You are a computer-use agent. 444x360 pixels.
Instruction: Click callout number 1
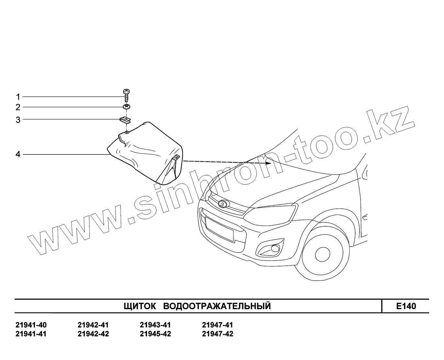pyautogui.click(x=18, y=97)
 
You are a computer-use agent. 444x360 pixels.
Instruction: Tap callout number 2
pyautogui.click(x=18, y=107)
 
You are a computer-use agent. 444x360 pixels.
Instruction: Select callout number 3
pyautogui.click(x=18, y=120)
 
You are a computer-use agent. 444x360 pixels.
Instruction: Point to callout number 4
pyautogui.click(x=18, y=154)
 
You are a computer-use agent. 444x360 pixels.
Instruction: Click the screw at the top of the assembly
pyautogui.click(x=126, y=94)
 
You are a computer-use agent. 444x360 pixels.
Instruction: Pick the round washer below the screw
pyautogui.click(x=126, y=107)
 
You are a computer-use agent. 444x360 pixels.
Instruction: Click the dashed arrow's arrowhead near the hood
pyautogui.click(x=268, y=163)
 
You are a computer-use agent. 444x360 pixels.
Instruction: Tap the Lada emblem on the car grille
pyautogui.click(x=223, y=204)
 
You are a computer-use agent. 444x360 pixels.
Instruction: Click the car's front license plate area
pyautogui.click(x=219, y=229)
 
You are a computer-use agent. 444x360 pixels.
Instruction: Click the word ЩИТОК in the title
pyautogui.click(x=140, y=306)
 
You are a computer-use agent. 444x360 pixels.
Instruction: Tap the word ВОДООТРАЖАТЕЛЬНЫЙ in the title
pyautogui.click(x=217, y=306)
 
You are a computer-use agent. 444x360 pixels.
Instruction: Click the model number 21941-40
pyautogui.click(x=31, y=325)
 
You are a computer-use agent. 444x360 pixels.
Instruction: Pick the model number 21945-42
pyautogui.click(x=155, y=334)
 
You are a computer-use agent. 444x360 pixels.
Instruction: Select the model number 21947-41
pyautogui.click(x=217, y=325)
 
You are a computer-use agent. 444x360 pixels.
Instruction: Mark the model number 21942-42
pyautogui.click(x=93, y=334)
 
